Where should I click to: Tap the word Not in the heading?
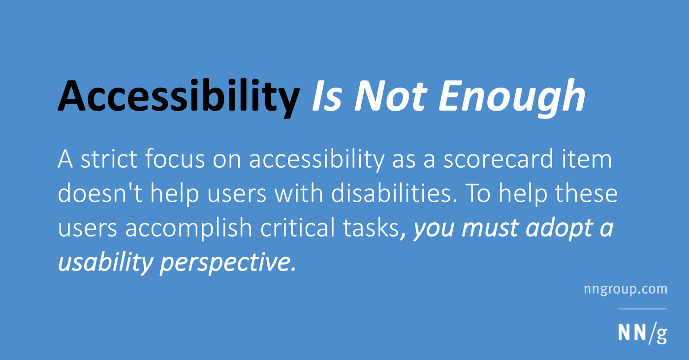(x=391, y=95)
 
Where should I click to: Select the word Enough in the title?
(x=512, y=98)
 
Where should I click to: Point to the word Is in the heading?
(x=327, y=95)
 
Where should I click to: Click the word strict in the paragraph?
(x=109, y=159)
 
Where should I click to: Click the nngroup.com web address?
(x=626, y=290)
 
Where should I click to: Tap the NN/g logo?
(x=643, y=333)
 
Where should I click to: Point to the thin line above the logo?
(x=643, y=309)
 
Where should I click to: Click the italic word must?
(x=489, y=228)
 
